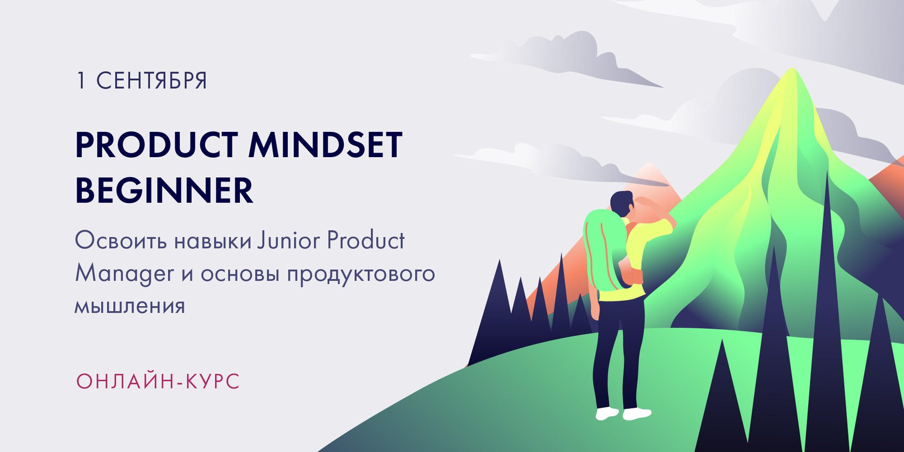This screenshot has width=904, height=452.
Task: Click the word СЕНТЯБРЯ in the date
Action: point(151,80)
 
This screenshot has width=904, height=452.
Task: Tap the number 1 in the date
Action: point(81,80)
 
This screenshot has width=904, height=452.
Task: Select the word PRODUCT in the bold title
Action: point(156,144)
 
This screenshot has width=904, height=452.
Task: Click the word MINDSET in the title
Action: point(325,144)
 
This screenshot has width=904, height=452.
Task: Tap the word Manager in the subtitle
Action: point(124,274)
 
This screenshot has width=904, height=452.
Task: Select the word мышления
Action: point(130,306)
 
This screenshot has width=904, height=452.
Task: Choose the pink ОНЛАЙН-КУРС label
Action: point(158,382)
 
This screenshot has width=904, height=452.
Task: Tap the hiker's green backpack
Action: point(603,250)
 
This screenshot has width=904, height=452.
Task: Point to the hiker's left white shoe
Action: point(606,413)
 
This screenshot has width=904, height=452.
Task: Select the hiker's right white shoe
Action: point(637,414)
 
